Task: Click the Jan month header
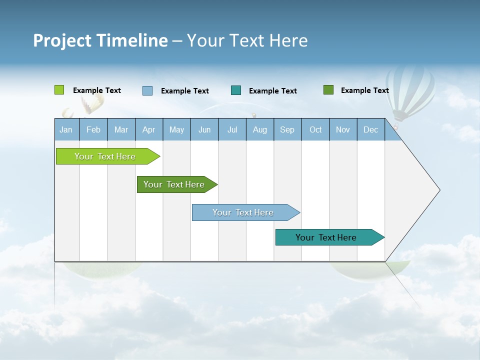coord(66,129)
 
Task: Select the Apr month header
coord(149,129)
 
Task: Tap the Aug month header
coord(260,129)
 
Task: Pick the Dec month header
coord(371,129)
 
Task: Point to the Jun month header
coord(204,129)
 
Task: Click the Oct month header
coord(315,129)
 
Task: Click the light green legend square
coord(59,90)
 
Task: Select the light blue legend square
coord(147,90)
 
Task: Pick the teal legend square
coord(236,90)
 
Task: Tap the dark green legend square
coord(328,90)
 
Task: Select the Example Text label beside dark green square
coord(364,90)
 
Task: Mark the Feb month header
coord(93,129)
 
